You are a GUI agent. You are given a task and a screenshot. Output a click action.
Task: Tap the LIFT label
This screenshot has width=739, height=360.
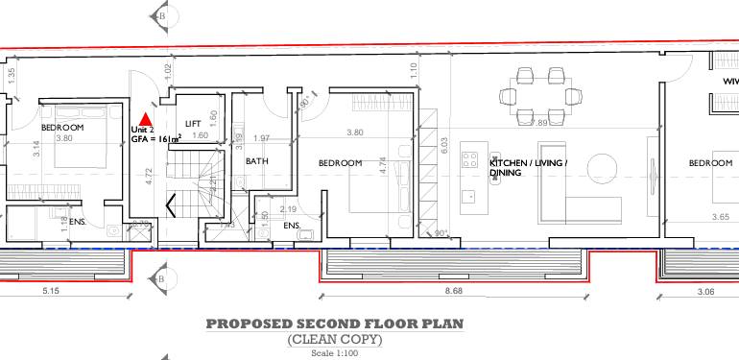(193, 124)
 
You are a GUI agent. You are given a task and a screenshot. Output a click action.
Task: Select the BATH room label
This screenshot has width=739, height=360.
(256, 161)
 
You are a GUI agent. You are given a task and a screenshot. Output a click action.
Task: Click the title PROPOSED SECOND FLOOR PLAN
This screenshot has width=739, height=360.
(334, 324)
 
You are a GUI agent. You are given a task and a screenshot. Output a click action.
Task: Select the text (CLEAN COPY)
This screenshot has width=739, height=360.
(334, 340)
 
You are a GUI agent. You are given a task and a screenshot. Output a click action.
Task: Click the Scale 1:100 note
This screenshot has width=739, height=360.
(334, 353)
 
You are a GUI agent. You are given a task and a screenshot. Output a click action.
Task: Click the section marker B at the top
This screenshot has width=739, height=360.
(160, 15)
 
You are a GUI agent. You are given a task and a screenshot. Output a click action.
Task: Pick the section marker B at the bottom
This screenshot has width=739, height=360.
(160, 279)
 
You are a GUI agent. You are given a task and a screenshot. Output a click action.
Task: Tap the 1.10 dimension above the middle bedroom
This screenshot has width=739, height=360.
(412, 69)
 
